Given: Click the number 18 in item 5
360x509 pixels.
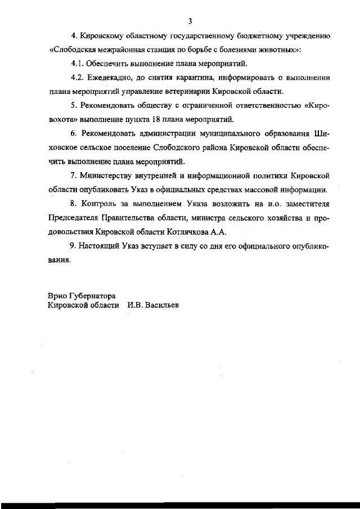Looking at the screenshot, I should tap(155, 119).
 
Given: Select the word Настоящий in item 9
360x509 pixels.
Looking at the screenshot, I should tap(103, 246).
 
